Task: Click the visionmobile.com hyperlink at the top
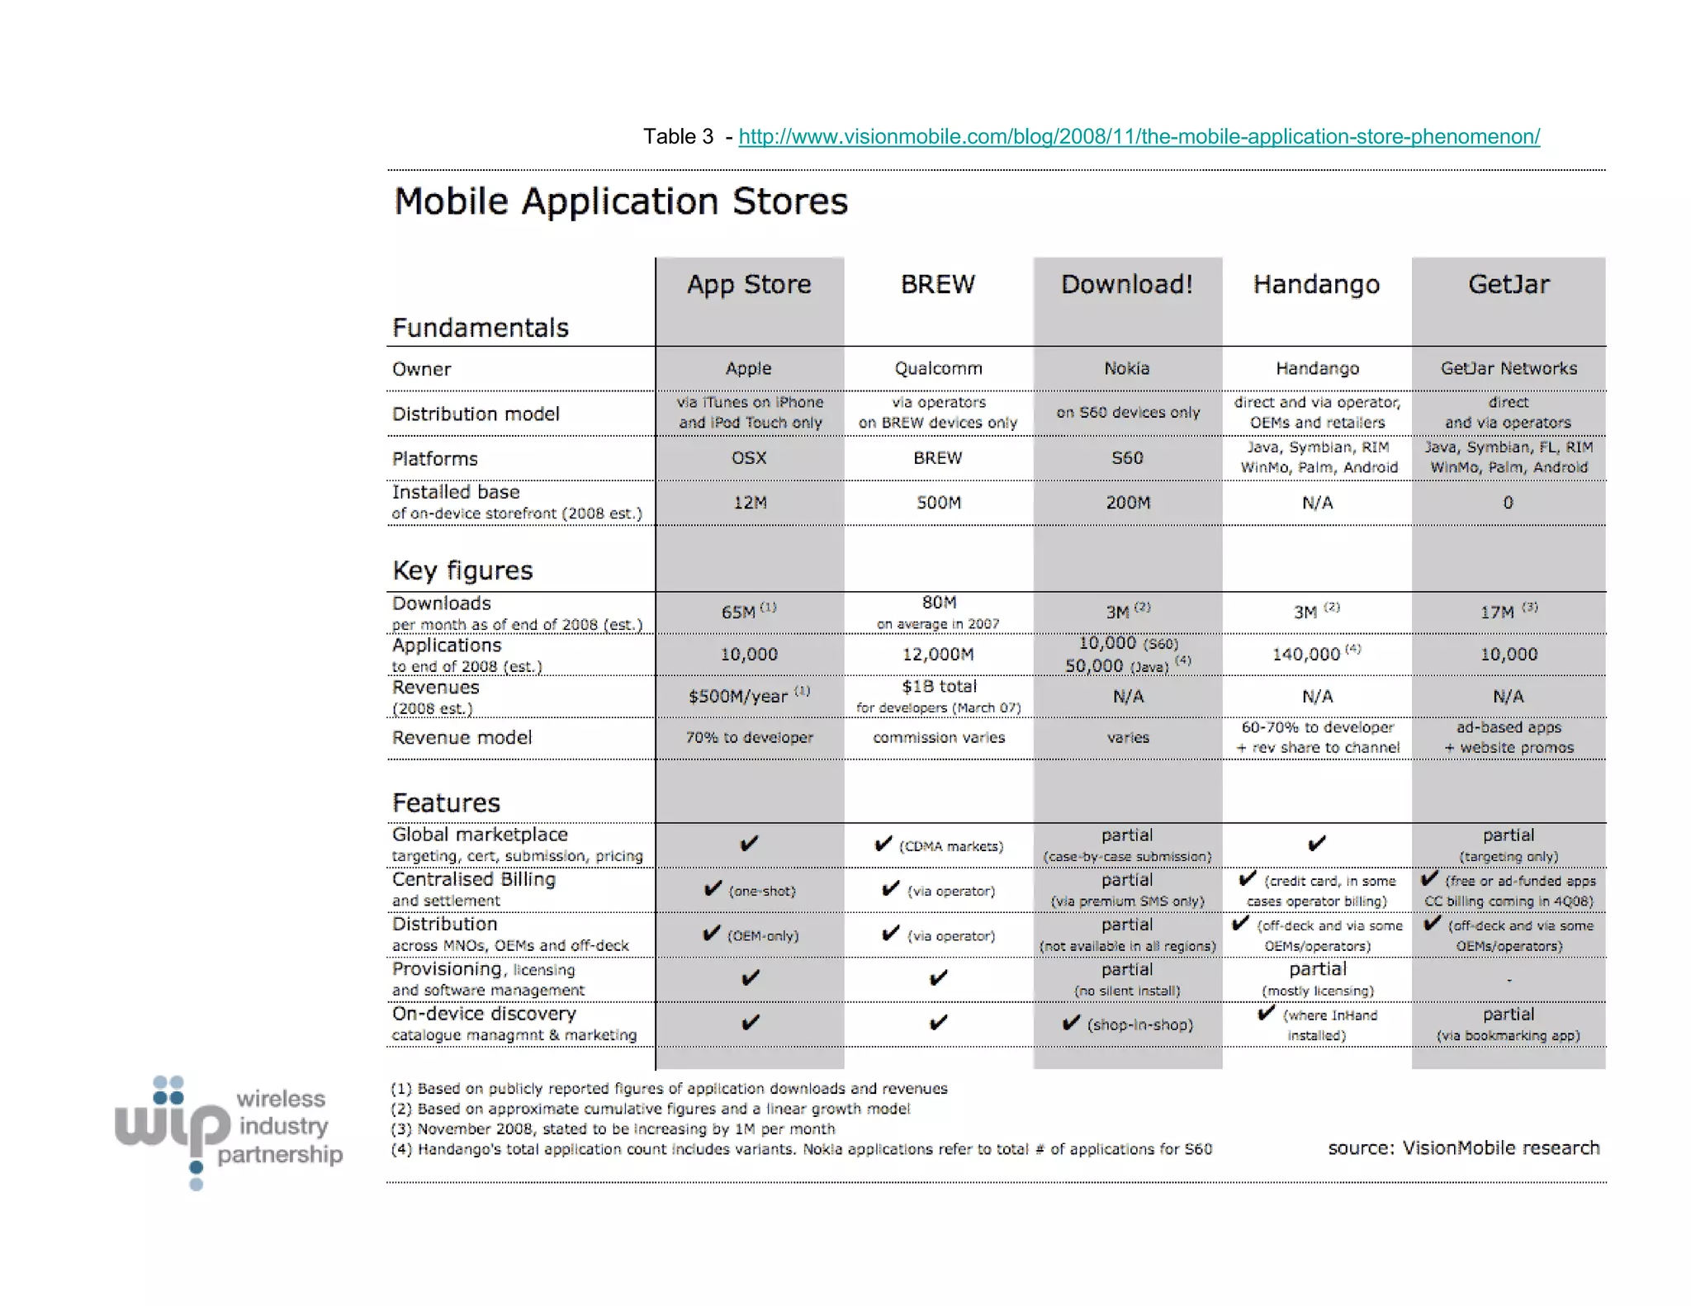[x=1139, y=136]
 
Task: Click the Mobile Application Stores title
[x=621, y=201]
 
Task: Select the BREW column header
[x=937, y=284]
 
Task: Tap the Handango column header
[x=1316, y=285]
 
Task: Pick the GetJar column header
[x=1509, y=284]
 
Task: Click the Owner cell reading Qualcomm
[x=938, y=368]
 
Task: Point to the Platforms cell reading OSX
[x=749, y=457]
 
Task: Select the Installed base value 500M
[x=938, y=502]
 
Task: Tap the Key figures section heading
[x=462, y=570]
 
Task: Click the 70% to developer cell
[x=749, y=737]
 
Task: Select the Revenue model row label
[x=462, y=737]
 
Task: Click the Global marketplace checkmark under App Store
[x=749, y=844]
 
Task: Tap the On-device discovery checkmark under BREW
[x=938, y=1023]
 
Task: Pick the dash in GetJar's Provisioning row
[x=1509, y=980]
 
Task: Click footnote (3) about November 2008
[x=613, y=1129]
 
